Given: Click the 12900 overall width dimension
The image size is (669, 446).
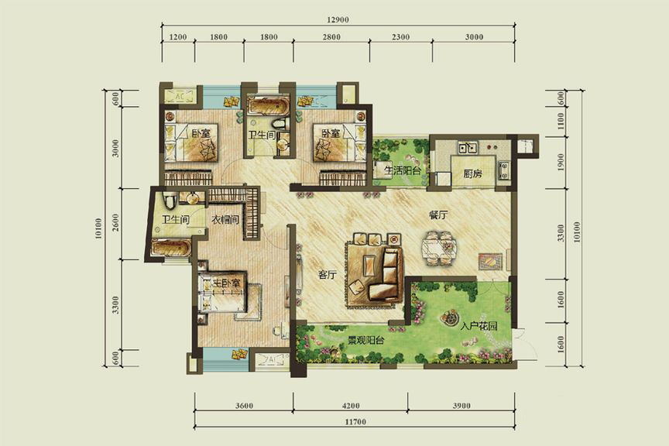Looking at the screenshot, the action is click(338, 19).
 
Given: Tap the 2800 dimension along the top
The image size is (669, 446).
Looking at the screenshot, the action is click(331, 37).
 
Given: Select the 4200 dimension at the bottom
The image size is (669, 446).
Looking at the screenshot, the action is click(351, 406).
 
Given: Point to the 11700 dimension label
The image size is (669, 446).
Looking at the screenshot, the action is click(355, 422).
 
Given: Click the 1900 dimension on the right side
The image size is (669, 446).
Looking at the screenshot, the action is click(561, 162).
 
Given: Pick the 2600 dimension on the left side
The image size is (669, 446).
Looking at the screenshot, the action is click(115, 222).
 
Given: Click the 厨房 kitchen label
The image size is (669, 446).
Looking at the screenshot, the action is click(473, 173).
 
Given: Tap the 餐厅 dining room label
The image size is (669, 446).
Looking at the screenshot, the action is click(438, 215).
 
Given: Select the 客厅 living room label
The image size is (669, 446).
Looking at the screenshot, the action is click(328, 274).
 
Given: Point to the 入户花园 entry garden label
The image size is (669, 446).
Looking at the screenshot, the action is click(479, 327).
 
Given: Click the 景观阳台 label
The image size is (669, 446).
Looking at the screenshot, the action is click(365, 340).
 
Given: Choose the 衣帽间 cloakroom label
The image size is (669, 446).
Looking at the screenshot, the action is click(225, 220).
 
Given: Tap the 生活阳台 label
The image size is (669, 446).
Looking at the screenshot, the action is click(402, 170).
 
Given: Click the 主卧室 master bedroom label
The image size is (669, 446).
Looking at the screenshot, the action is click(227, 283).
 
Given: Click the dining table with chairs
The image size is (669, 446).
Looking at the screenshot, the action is click(438, 249).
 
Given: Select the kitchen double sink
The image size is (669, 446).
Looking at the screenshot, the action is click(468, 148).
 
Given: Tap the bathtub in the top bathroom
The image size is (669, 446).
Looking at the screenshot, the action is click(263, 106).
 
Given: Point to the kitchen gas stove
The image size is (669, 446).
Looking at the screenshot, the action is click(503, 170).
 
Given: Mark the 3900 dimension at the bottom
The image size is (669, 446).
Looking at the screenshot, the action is click(461, 406).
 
